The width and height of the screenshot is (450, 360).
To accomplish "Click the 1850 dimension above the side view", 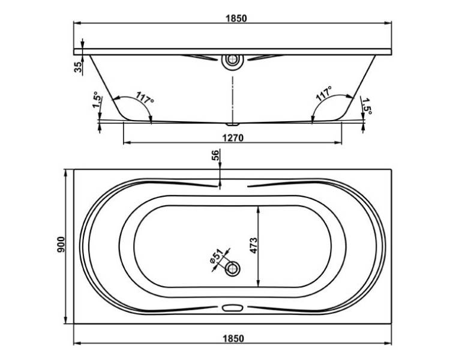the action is (236, 19).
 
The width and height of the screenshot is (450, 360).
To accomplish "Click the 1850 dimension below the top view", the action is (233, 338).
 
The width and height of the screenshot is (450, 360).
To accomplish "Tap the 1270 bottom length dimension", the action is (233, 138).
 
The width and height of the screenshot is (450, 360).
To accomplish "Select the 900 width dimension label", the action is (61, 245).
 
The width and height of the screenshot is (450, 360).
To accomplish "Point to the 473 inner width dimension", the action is (254, 246).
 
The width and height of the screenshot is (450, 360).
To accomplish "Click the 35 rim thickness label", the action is (78, 67).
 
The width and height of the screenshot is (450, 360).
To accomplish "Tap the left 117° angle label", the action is (145, 98).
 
